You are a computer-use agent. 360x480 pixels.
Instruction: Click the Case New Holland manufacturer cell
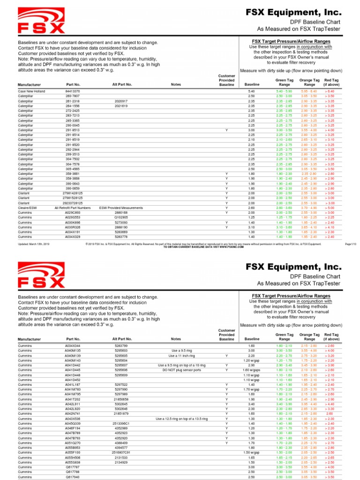31,91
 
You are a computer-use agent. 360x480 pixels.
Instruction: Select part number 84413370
73,91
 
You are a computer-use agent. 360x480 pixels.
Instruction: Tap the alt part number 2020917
120,101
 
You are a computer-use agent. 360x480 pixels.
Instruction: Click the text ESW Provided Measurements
120,208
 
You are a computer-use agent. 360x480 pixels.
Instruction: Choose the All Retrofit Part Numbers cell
73,208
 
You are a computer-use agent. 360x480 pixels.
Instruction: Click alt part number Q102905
120,217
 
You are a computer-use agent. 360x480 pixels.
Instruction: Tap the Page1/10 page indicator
351,244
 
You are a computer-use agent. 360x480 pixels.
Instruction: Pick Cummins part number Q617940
72,477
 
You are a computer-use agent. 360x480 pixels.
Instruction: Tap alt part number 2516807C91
120,452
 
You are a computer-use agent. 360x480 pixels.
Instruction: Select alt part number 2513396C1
120,423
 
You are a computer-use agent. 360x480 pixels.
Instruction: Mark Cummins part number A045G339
73,423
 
